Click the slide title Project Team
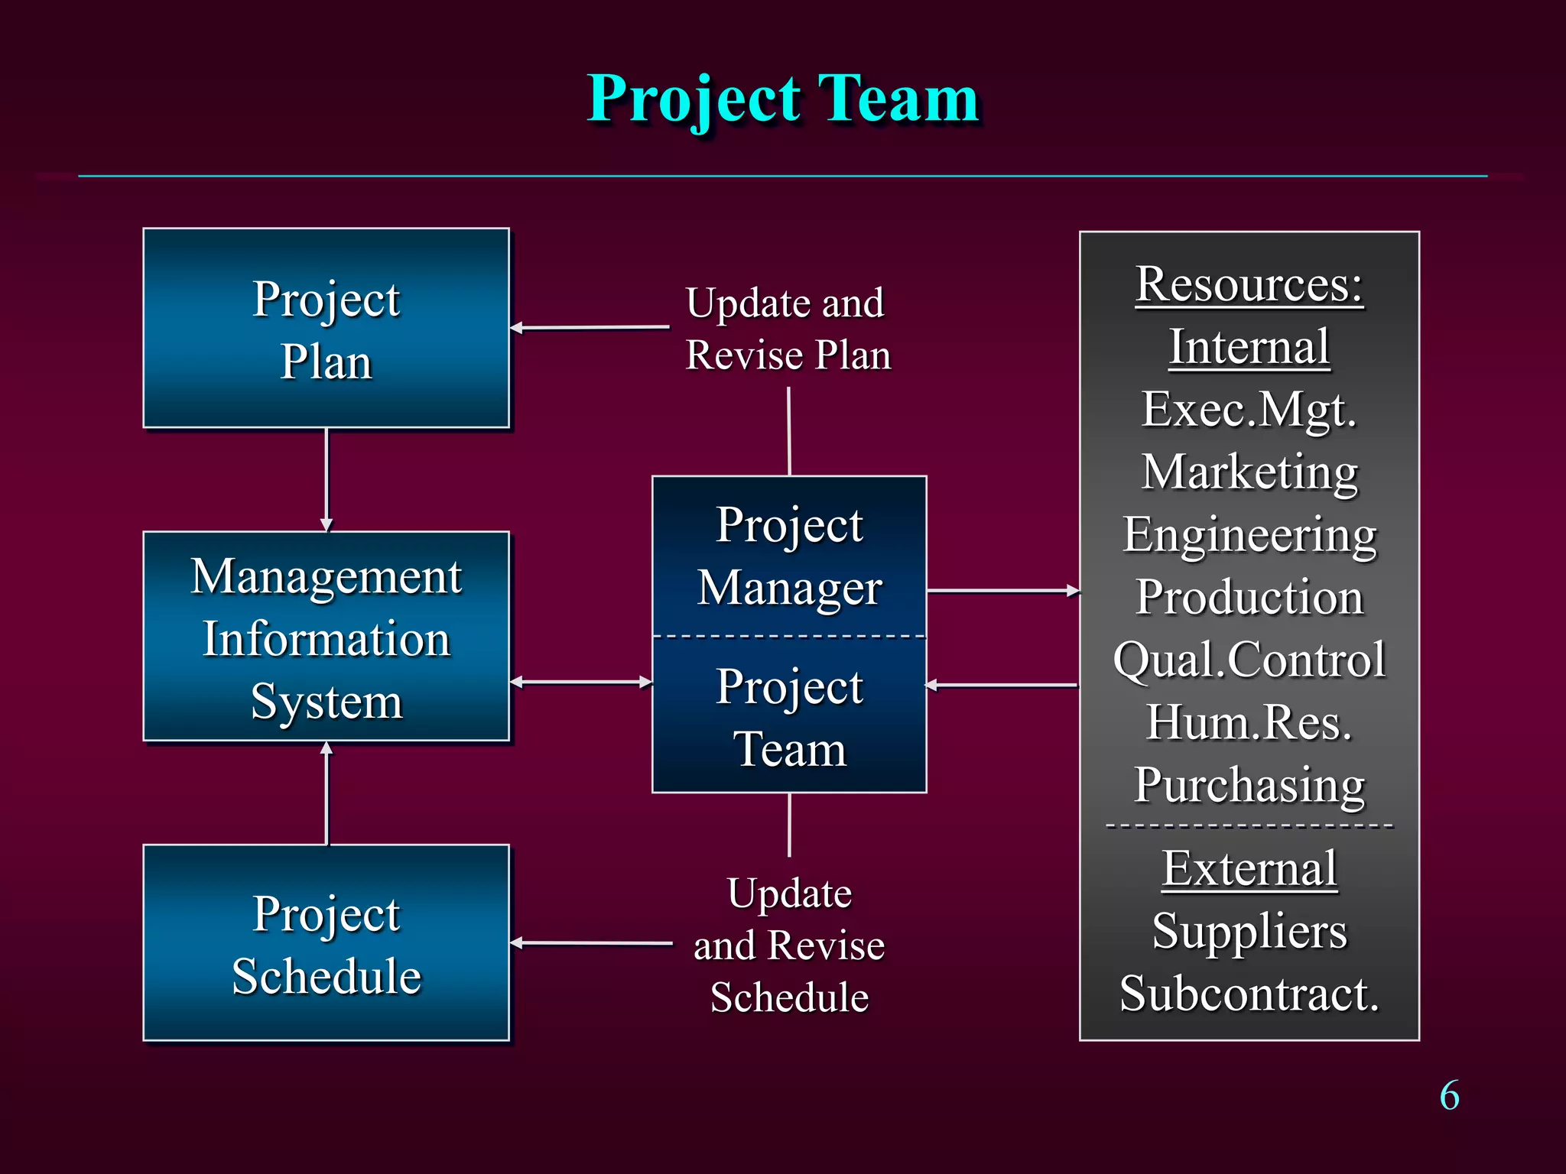[783, 99]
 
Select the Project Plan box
[327, 329]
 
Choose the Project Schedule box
[327, 943]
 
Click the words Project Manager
[789, 556]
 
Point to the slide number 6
[1449, 1096]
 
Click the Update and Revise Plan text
[788, 329]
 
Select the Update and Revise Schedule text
[789, 945]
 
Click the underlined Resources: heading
[1249, 284]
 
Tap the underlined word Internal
[1249, 347]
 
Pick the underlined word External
[1249, 868]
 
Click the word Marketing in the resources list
[1249, 472]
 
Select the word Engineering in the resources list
[1249, 535]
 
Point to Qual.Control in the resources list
[1249, 660]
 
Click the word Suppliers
[1249, 931]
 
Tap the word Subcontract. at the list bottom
[1249, 994]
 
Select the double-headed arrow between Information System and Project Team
[581, 682]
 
